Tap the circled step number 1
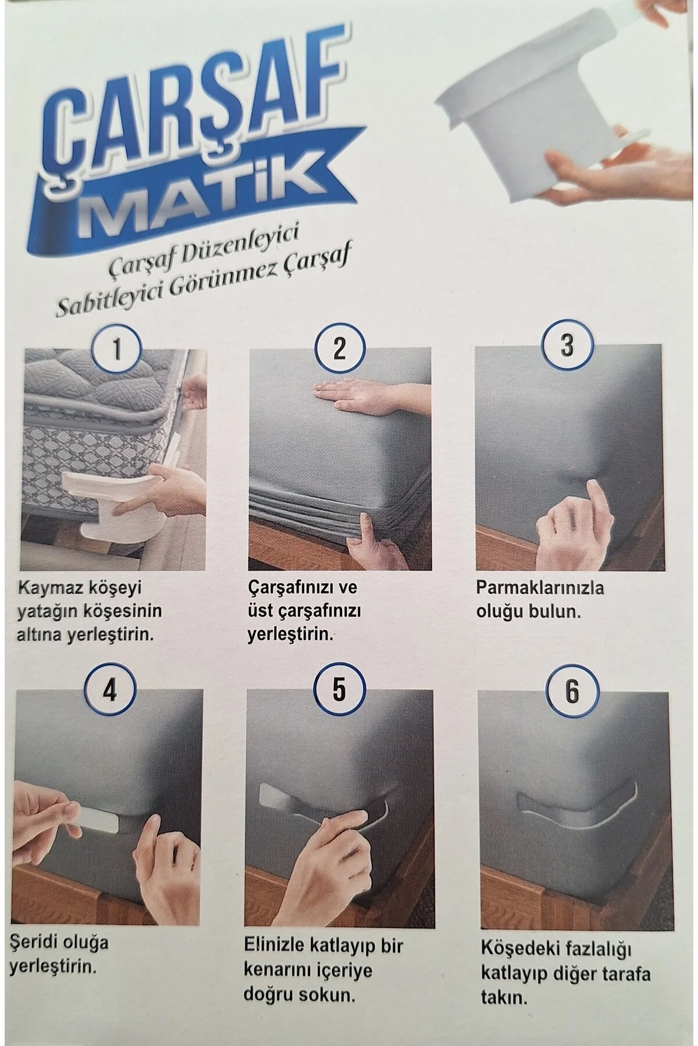116,349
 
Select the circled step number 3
567,345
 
